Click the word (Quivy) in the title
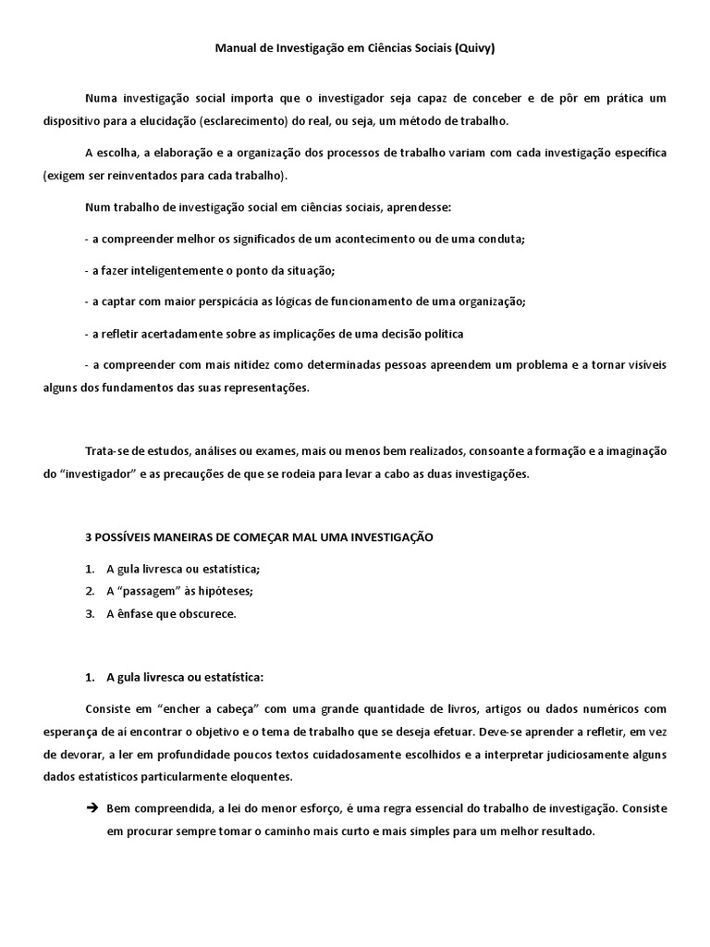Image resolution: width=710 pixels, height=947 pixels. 474,49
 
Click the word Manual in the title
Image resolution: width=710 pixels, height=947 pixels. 237,49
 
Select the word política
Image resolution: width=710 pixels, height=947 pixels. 443,333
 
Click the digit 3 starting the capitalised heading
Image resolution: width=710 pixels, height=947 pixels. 87,536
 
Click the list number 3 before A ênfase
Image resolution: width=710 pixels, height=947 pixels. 90,613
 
